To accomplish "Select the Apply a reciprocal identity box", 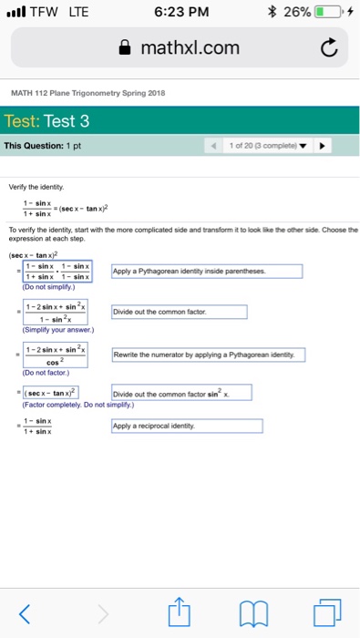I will point(186,426).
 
